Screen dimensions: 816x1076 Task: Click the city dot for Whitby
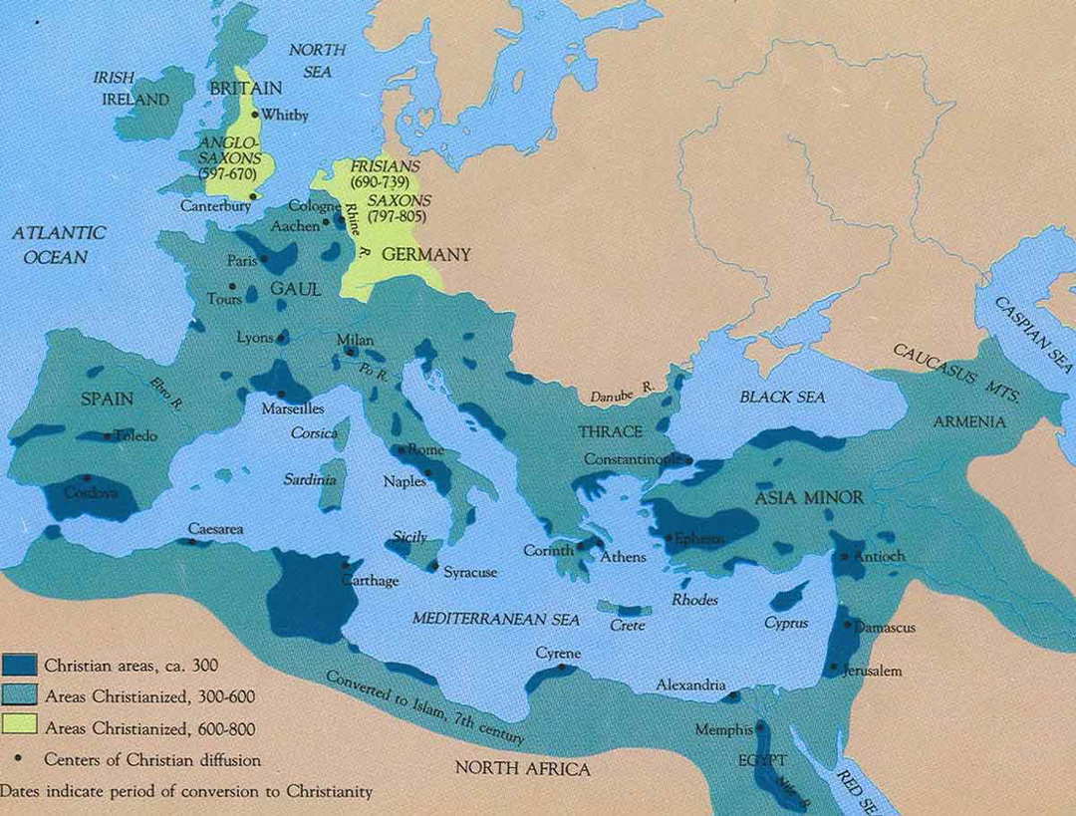coord(256,115)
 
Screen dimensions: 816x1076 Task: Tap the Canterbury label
coord(212,206)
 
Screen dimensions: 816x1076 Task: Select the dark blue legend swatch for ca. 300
coord(20,665)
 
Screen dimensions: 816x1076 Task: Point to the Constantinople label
coord(633,459)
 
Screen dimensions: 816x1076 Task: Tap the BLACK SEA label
coord(782,397)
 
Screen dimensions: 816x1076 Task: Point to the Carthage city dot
coord(345,569)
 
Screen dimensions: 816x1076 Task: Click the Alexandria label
coord(690,684)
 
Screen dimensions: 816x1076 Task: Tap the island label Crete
coord(628,625)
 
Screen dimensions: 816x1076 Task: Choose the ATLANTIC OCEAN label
coord(59,244)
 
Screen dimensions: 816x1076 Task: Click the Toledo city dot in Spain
coord(107,435)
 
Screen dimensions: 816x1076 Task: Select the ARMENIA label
coord(968,421)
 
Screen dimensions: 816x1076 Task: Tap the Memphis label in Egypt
coord(724,729)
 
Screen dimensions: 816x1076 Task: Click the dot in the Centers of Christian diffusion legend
coord(20,760)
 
